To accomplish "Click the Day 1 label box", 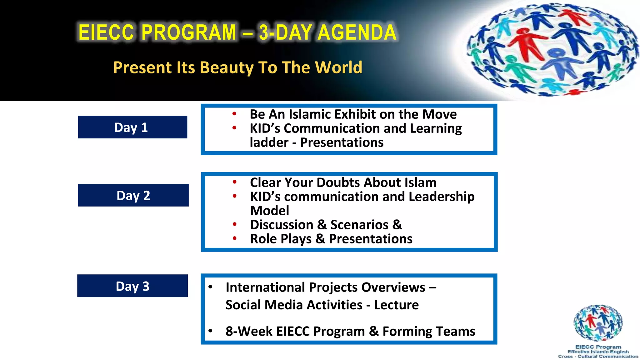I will pyautogui.click(x=132, y=127).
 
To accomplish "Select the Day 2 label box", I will pyautogui.click(x=133, y=195).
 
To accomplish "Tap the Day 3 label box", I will pyautogui.click(x=132, y=286).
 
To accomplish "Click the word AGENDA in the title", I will pyautogui.click(x=357, y=32).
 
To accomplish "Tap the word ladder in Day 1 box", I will pyautogui.click(x=269, y=143).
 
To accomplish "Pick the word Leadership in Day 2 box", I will pyautogui.click(x=441, y=197).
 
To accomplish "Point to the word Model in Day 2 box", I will pyautogui.click(x=270, y=211).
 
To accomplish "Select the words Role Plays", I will pyautogui.click(x=281, y=239).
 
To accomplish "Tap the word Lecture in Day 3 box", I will pyautogui.click(x=396, y=305).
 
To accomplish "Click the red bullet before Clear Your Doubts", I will pyautogui.click(x=234, y=182).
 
